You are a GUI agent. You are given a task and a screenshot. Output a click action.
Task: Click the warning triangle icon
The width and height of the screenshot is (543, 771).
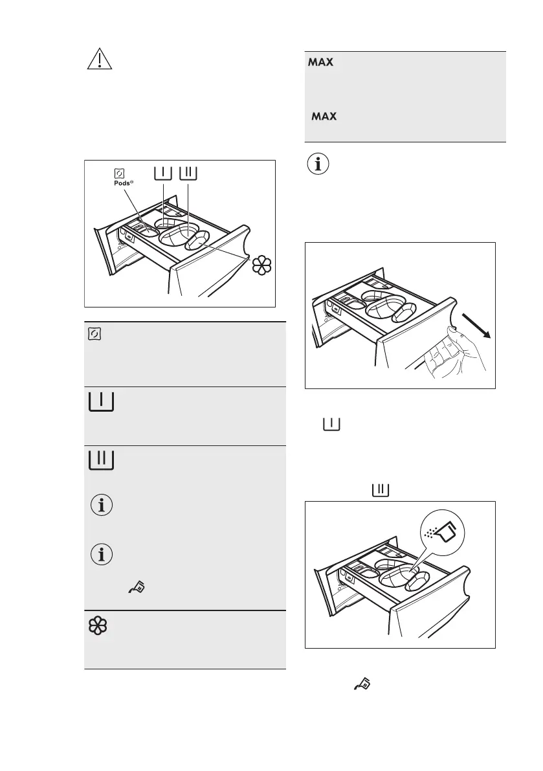[x=98, y=59]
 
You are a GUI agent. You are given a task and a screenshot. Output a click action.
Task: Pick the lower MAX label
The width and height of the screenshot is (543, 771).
[x=324, y=117]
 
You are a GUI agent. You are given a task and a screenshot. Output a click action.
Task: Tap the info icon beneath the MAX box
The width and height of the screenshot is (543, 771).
[x=317, y=164]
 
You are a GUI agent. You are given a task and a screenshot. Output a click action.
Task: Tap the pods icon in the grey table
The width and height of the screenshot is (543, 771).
[x=95, y=333]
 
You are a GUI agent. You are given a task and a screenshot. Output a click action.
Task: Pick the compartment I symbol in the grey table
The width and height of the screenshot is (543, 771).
[x=100, y=401]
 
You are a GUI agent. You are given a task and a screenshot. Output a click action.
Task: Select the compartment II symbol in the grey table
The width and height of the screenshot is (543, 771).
[x=100, y=460]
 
